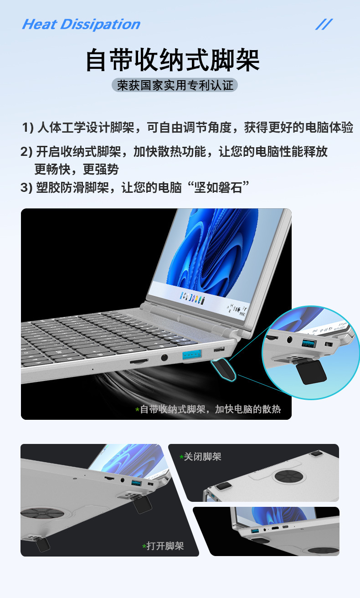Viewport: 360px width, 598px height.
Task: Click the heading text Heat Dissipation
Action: pyautogui.click(x=81, y=24)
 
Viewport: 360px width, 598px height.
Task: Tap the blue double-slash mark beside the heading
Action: pyautogui.click(x=324, y=24)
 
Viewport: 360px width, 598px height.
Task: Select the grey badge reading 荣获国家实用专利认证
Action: pyautogui.click(x=175, y=85)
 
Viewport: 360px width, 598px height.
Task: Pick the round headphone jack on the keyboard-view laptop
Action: pyautogui.click(x=164, y=359)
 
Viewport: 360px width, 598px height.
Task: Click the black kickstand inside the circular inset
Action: pyautogui.click(x=312, y=371)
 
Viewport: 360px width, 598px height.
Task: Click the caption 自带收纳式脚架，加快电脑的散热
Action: pyautogui.click(x=210, y=409)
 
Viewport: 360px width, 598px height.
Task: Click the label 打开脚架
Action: pyautogui.click(x=165, y=546)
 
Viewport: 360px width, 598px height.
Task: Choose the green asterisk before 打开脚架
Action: pyautogui.click(x=144, y=546)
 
